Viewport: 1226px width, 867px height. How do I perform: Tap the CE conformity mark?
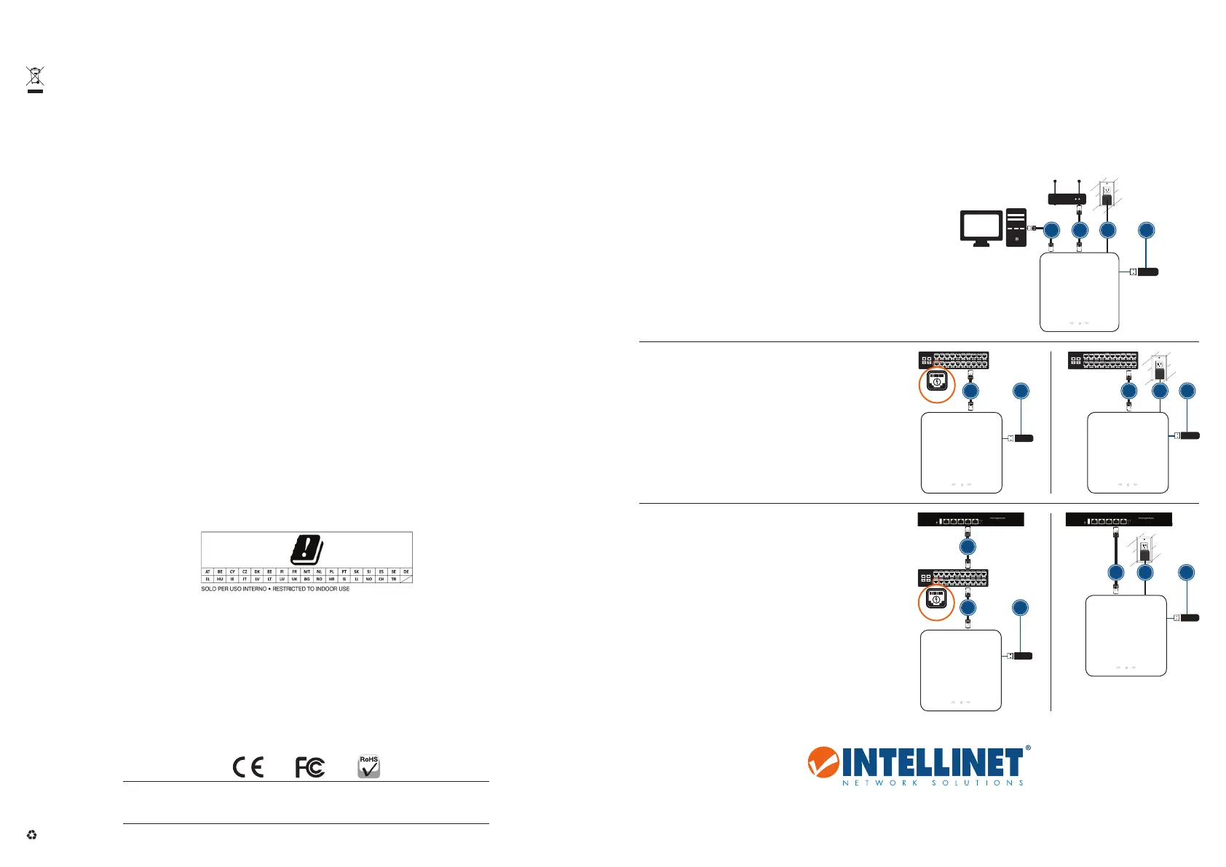point(248,767)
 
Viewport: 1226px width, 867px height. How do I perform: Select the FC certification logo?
point(310,767)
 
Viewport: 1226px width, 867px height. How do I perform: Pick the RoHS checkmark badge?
point(369,767)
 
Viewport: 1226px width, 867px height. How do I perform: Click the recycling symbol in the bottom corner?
point(31,835)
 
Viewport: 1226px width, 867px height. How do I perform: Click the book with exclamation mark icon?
point(306,550)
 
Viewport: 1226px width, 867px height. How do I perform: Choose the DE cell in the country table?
point(406,572)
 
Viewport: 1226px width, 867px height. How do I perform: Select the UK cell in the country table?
point(294,579)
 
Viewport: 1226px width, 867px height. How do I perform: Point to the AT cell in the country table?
point(207,572)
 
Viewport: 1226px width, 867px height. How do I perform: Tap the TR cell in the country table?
point(394,579)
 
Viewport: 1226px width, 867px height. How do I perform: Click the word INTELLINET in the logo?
point(933,763)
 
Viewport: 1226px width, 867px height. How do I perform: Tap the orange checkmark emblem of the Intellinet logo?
point(823,761)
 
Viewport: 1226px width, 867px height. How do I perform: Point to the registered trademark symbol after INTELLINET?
point(1027,748)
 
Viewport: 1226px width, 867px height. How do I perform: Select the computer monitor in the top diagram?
point(981,229)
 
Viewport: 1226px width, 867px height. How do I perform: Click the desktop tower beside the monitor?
point(1016,227)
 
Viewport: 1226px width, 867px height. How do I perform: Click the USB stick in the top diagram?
point(1147,272)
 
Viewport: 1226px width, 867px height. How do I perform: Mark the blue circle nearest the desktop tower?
point(1051,230)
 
